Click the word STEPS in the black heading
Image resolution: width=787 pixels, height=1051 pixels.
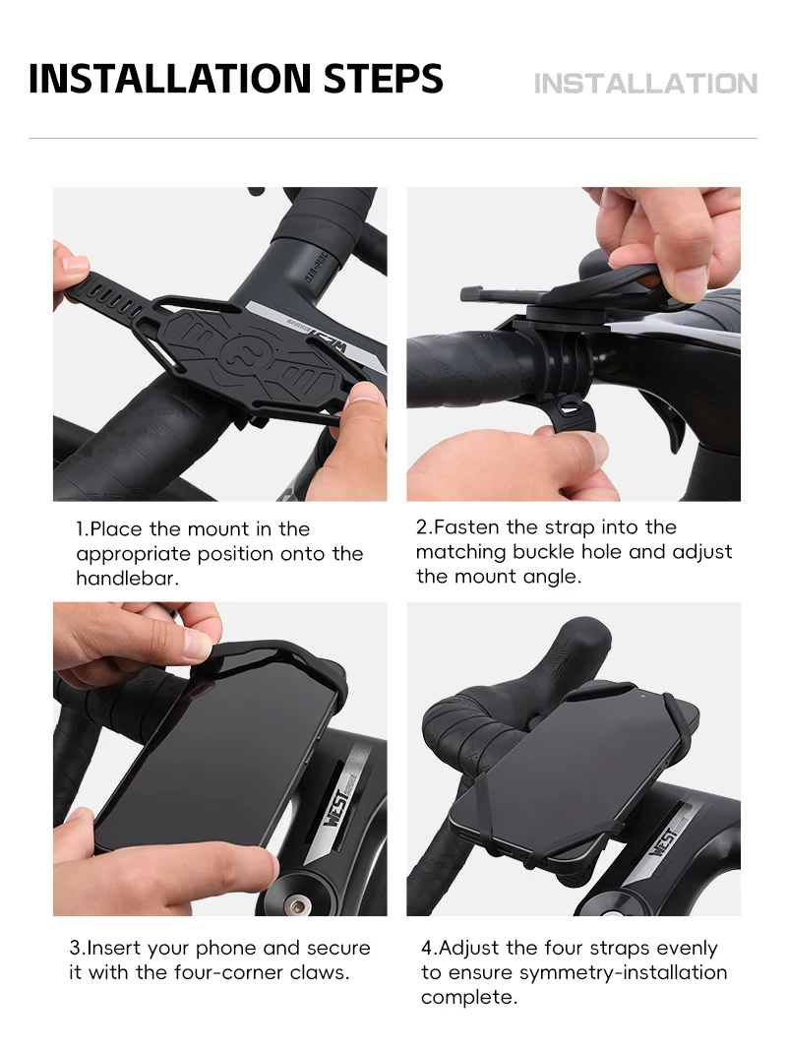point(383,79)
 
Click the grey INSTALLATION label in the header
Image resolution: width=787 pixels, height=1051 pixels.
point(645,84)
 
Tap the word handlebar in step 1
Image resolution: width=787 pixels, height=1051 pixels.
point(126,578)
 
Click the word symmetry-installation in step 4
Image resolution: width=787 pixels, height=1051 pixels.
point(623,972)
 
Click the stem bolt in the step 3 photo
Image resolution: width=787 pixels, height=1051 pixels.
point(296,906)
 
